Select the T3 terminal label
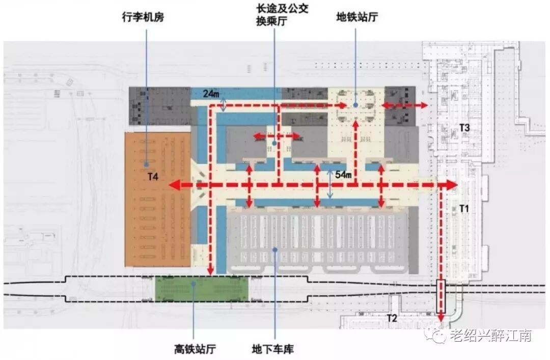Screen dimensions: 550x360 click(x=464, y=127)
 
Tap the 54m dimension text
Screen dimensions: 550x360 click(x=343, y=175)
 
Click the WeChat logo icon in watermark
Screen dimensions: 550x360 click(x=437, y=335)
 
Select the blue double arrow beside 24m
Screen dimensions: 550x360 click(x=225, y=104)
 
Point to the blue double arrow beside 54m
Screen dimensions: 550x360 click(x=330, y=184)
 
